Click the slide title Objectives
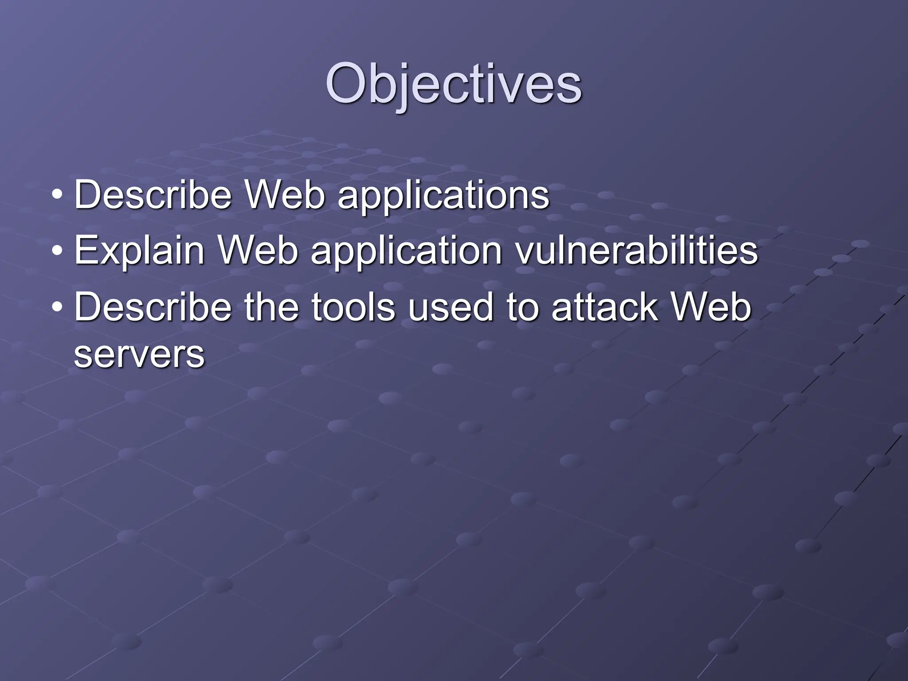coord(453,84)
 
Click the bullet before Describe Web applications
coord(56,195)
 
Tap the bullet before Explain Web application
coord(56,250)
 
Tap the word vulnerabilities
coord(636,250)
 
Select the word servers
coord(139,354)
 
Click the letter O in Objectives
coord(348,84)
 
